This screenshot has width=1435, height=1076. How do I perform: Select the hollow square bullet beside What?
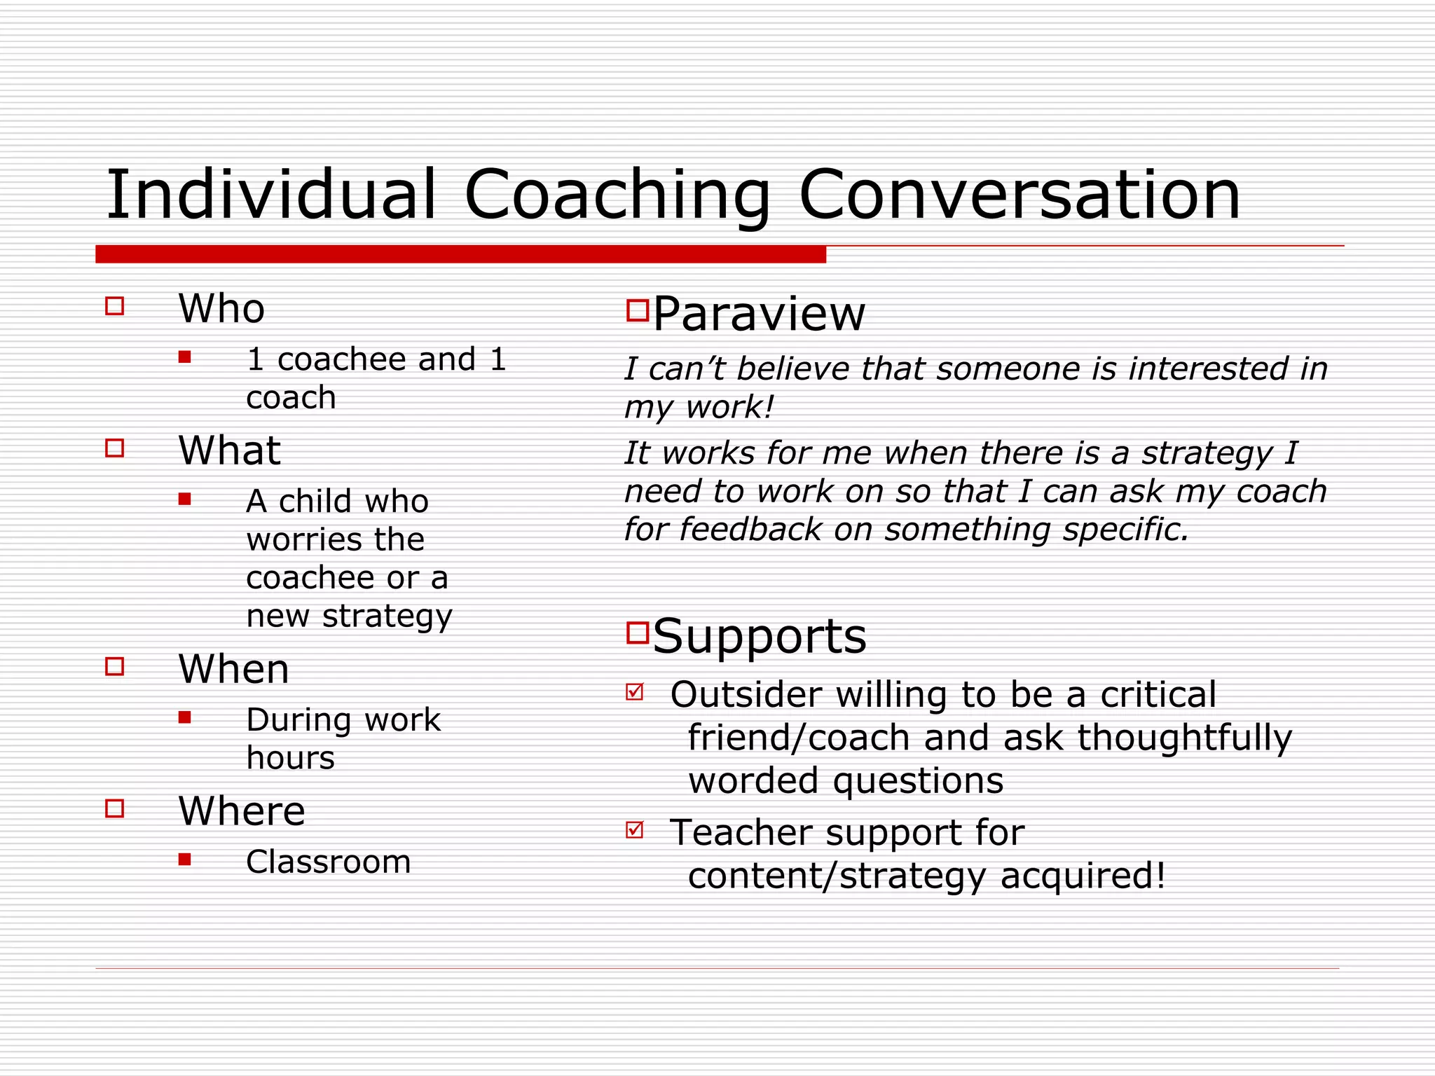(115, 448)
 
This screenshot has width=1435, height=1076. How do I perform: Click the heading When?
(233, 669)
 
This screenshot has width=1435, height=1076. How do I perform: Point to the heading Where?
(242, 811)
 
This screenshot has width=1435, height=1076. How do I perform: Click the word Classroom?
(328, 862)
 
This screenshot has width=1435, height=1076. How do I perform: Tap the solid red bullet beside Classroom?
(185, 860)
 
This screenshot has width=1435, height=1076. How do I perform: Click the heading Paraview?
(759, 314)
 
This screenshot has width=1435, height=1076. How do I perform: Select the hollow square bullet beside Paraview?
(638, 310)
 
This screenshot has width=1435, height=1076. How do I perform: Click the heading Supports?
(760, 636)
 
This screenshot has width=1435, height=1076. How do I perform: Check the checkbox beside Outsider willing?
(635, 692)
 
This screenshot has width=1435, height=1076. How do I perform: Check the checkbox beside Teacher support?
(635, 830)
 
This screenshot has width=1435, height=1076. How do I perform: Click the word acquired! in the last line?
(1083, 876)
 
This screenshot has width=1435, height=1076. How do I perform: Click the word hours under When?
(291, 758)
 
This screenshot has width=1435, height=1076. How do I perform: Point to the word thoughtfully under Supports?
(1184, 738)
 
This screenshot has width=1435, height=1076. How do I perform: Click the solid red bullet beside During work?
(185, 717)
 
